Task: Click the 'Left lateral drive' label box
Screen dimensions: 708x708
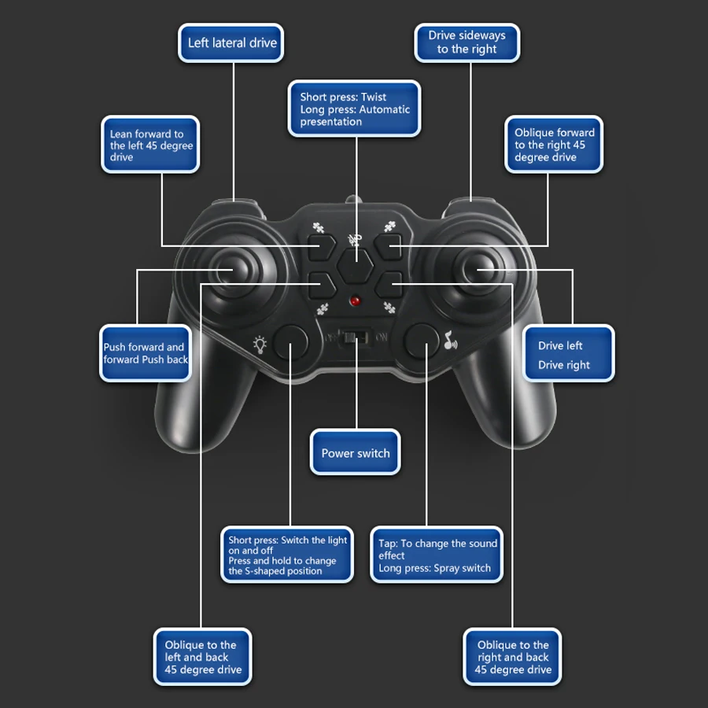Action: [x=232, y=43]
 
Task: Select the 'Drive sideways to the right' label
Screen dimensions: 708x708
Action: [x=466, y=42]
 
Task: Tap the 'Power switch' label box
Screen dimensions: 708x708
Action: [x=356, y=452]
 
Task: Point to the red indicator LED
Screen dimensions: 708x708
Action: [x=355, y=301]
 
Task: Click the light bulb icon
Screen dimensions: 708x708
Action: [x=260, y=344]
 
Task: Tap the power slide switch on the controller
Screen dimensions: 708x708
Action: [x=356, y=337]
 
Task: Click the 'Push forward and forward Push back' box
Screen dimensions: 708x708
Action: [x=146, y=353]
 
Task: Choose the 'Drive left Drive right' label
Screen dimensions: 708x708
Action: [x=568, y=355]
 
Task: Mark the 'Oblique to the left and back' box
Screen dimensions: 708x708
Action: [x=202, y=657]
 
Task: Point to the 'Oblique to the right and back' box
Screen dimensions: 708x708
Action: [x=512, y=657]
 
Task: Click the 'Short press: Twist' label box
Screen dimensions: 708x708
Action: [x=354, y=109]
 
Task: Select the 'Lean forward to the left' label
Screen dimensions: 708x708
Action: [x=150, y=146]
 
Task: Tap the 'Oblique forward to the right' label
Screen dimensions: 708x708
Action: [x=554, y=145]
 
